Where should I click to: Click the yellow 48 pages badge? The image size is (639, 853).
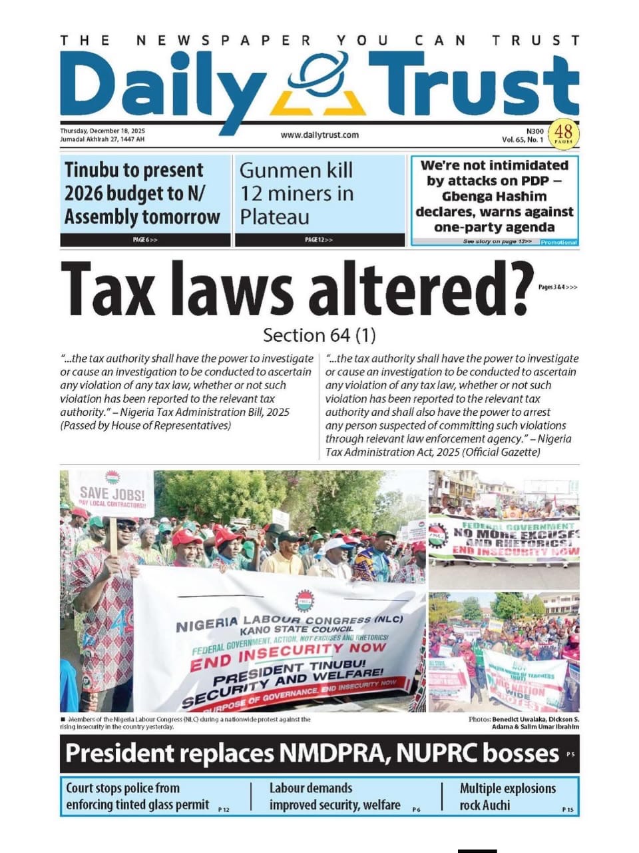[563, 133]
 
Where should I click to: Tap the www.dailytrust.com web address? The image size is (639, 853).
[319, 135]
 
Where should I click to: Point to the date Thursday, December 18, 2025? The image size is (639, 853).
[103, 131]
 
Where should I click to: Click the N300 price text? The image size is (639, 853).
[534, 131]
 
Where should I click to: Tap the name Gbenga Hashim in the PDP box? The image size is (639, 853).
[494, 197]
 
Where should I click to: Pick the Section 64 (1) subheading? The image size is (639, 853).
[319, 335]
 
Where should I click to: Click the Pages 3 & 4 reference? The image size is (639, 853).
[558, 287]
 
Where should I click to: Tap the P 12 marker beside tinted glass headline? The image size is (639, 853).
[224, 810]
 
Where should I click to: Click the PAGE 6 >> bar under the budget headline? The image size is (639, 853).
[145, 240]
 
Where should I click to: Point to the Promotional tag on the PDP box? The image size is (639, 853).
[558, 242]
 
